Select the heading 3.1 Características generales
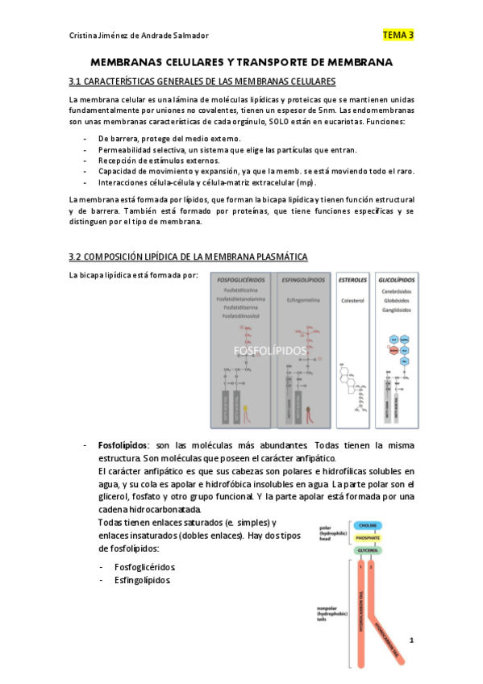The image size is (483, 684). click(x=202, y=82)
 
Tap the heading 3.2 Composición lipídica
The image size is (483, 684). click(x=189, y=256)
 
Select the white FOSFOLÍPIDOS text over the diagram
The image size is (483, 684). click(x=270, y=351)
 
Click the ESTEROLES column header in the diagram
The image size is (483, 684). click(x=354, y=280)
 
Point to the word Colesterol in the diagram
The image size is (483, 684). click(x=354, y=300)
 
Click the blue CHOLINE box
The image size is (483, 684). click(x=368, y=525)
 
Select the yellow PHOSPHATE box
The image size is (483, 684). click(x=368, y=537)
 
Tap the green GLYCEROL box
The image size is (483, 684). click(x=368, y=550)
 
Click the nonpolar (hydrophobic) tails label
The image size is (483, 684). click(x=332, y=613)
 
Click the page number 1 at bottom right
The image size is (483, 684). click(x=410, y=641)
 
